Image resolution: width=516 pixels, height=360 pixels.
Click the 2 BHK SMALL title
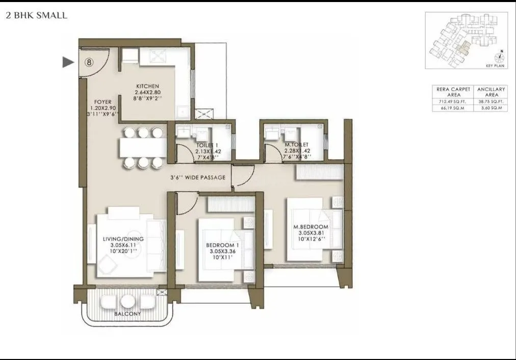(x=36, y=15)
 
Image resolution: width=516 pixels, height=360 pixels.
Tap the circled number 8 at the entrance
(x=89, y=62)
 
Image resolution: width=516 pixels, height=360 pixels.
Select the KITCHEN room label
(x=148, y=86)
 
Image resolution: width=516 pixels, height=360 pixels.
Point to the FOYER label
(x=102, y=102)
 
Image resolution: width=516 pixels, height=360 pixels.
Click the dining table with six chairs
(x=143, y=147)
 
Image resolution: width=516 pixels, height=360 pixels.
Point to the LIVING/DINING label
(x=123, y=239)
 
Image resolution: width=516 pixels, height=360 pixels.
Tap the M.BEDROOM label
(x=311, y=226)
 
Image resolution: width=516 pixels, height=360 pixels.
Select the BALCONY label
(x=127, y=314)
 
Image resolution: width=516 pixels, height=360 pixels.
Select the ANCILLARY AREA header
(x=491, y=92)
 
